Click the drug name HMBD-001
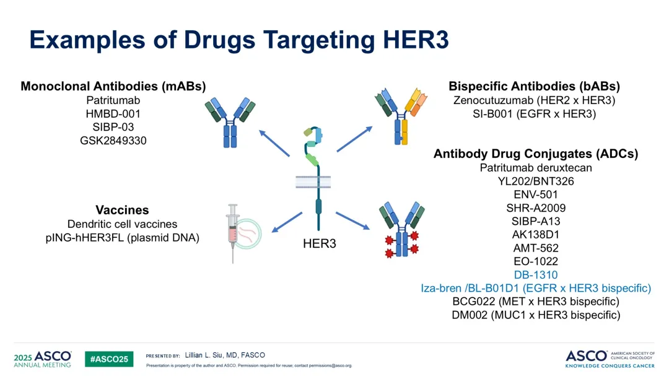click(113, 113)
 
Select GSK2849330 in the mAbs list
click(113, 141)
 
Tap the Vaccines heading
click(122, 210)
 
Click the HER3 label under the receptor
click(320, 243)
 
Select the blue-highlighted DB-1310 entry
click(535, 275)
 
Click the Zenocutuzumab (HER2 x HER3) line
click(534, 100)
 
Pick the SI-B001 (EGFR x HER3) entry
click(534, 114)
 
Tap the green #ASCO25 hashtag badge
click(109, 359)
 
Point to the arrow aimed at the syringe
click(287, 222)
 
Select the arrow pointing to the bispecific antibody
click(354, 139)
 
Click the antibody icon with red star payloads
click(401, 230)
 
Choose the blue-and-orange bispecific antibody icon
click(401, 116)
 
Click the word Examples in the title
click(87, 40)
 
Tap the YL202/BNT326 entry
click(535, 181)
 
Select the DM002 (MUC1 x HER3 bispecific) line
click(536, 315)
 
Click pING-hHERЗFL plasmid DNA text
click(123, 238)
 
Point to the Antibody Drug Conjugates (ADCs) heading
click(536, 154)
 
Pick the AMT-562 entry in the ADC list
click(535, 248)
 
